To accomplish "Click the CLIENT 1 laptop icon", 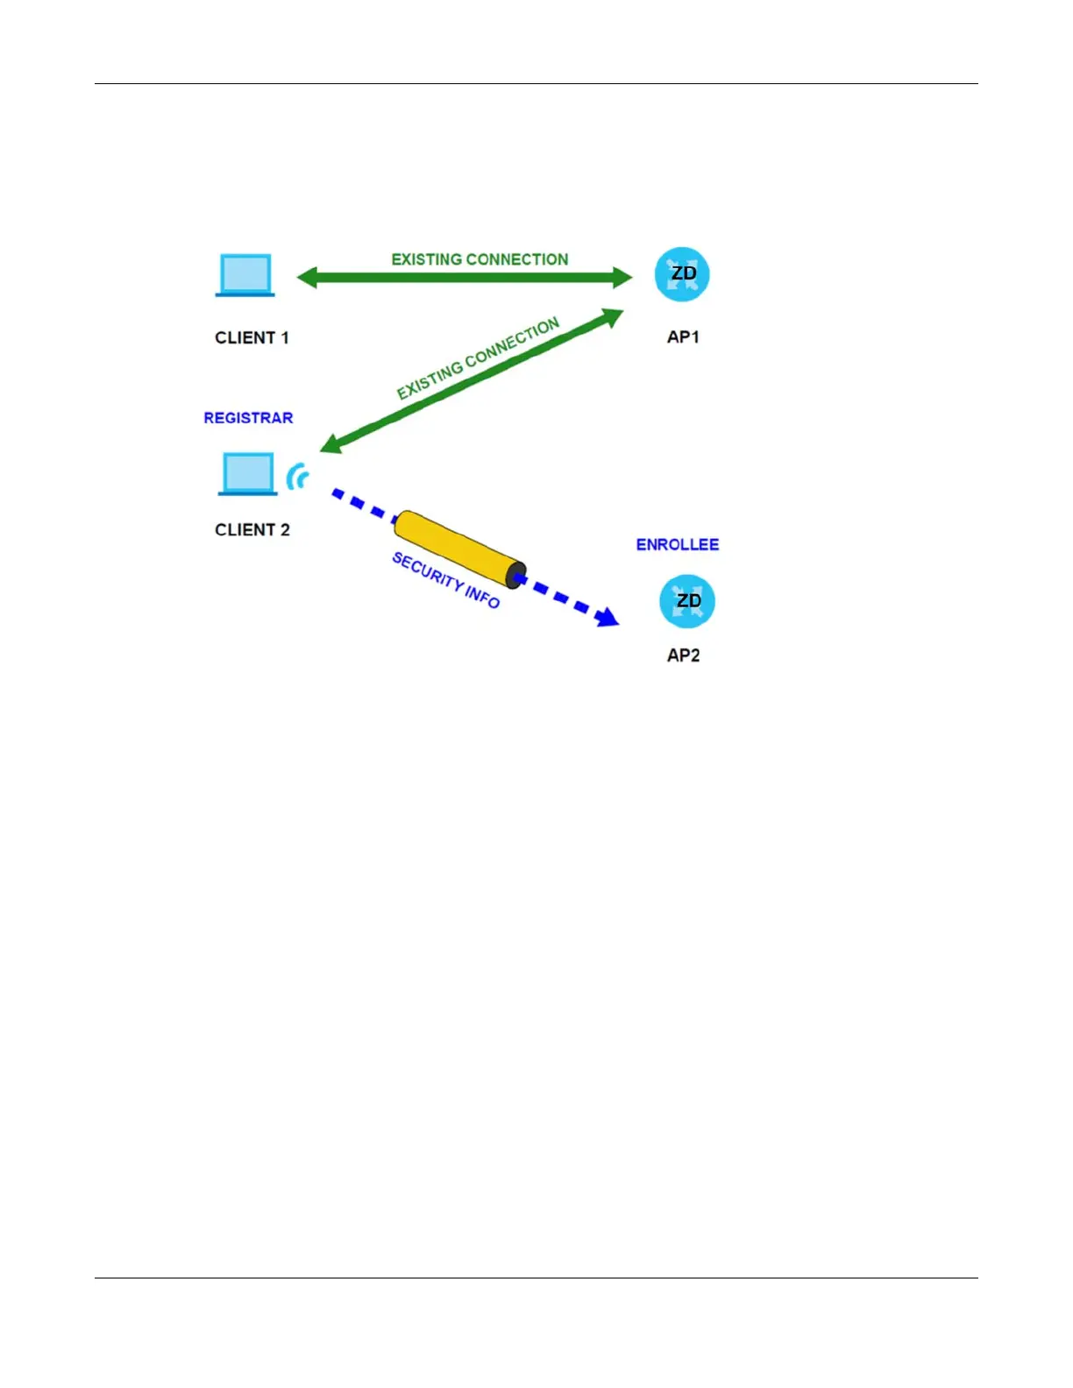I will click(x=245, y=275).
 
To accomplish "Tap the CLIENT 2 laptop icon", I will click(x=247, y=474).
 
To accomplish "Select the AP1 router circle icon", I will click(x=682, y=274).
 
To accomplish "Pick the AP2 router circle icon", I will click(x=687, y=601).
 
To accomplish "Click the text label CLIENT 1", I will click(x=252, y=338).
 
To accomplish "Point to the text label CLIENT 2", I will click(x=252, y=530).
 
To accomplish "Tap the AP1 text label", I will click(x=683, y=337).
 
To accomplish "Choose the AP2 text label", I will click(x=683, y=655).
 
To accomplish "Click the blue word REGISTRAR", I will click(x=248, y=418).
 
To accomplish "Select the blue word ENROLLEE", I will click(x=677, y=545).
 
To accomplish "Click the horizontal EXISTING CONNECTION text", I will click(x=480, y=259).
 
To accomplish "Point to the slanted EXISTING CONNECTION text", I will click(x=478, y=358).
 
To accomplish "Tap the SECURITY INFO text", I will click(x=445, y=580).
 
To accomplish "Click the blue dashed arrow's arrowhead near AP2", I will click(x=607, y=618).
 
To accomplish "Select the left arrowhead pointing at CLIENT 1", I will click(x=307, y=278).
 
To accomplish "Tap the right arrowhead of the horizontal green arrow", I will click(x=622, y=278).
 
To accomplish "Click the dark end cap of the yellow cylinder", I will click(x=515, y=575).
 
